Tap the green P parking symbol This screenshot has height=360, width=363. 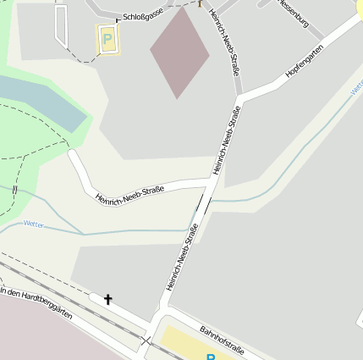(x=107, y=39)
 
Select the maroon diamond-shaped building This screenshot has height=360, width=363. (x=179, y=53)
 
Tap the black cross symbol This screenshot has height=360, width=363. (x=107, y=299)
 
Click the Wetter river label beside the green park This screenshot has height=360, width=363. (x=34, y=224)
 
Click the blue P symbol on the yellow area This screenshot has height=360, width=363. (x=211, y=357)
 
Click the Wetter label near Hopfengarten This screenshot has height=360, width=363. (x=357, y=86)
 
